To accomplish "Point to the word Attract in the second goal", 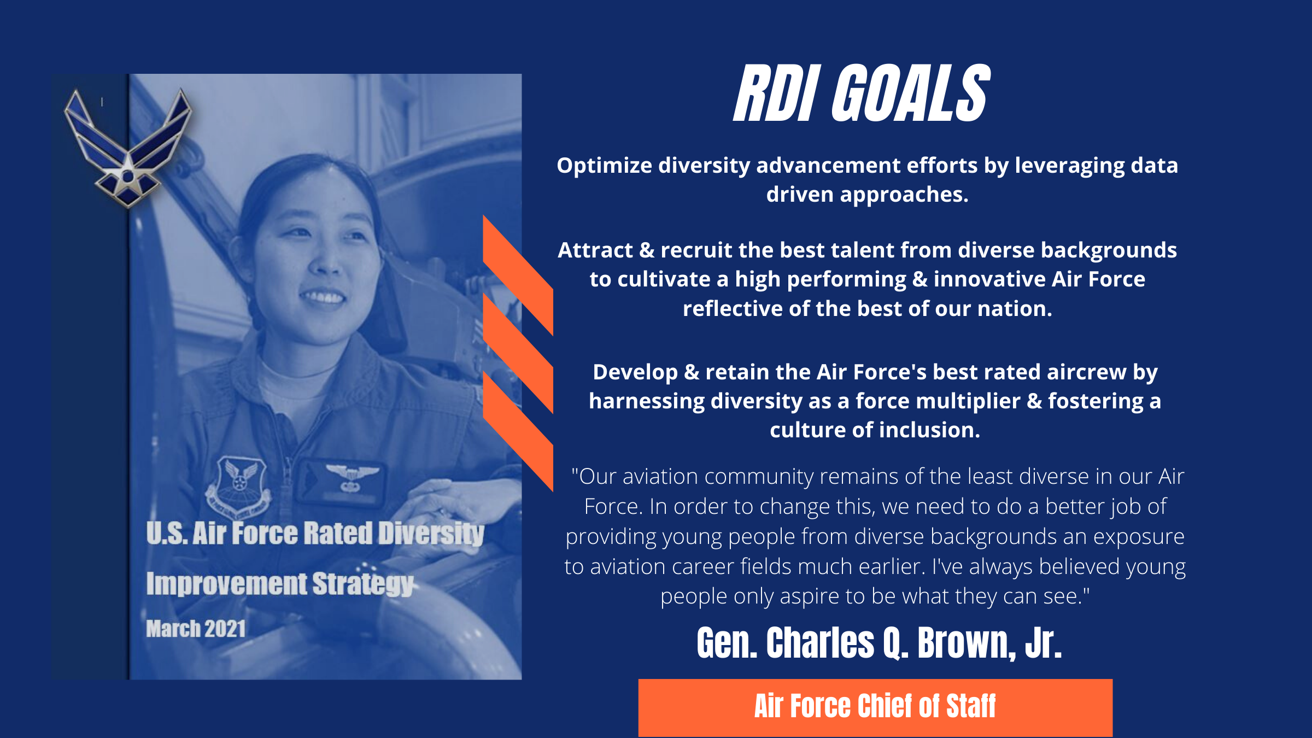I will coord(595,250).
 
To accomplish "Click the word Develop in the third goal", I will coord(635,372).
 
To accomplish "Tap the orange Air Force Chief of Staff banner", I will coord(875,707).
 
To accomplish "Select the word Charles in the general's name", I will coord(820,643).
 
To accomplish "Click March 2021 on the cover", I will coord(196,629).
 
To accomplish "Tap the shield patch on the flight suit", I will coord(239,484).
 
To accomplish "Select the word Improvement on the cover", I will coord(226,584).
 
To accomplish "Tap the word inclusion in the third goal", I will coord(929,431).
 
